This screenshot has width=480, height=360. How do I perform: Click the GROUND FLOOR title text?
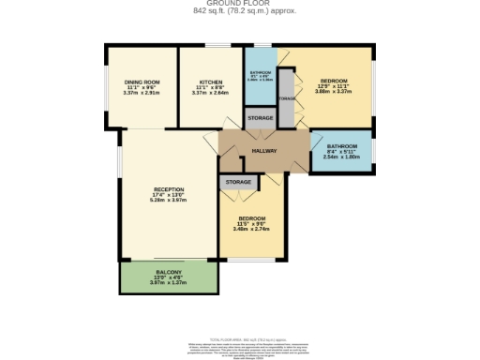click(x=239, y=4)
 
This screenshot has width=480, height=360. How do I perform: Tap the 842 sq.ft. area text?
click(x=239, y=11)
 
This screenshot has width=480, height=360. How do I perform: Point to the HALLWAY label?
click(x=263, y=150)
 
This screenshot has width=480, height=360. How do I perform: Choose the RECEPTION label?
click(x=169, y=190)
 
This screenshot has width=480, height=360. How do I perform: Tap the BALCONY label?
click(x=169, y=272)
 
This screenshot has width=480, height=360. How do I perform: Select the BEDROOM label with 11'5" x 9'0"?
click(x=251, y=219)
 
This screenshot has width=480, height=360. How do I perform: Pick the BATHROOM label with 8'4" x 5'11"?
click(x=341, y=147)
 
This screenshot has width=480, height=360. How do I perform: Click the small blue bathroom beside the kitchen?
click(x=260, y=77)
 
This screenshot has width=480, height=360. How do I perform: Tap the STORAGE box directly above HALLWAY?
click(x=260, y=119)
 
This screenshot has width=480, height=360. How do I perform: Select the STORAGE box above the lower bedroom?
click(x=238, y=182)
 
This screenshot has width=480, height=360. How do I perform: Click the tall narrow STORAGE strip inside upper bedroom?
click(x=288, y=98)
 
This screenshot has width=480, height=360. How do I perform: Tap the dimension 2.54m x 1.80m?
click(x=341, y=157)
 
